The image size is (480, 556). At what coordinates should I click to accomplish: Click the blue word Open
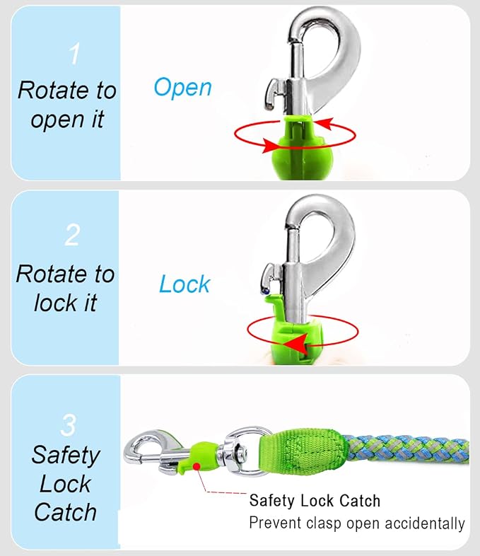183,87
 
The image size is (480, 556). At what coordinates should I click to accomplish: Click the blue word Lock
185,284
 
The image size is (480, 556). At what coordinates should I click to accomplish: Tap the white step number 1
74,54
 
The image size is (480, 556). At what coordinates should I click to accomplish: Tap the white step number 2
73,235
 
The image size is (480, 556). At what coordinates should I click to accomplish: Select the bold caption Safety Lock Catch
315,501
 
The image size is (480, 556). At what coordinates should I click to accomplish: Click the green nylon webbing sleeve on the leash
303,453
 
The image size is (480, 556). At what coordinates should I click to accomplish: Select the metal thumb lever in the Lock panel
271,277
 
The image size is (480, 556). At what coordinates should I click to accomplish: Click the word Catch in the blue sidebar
65,512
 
